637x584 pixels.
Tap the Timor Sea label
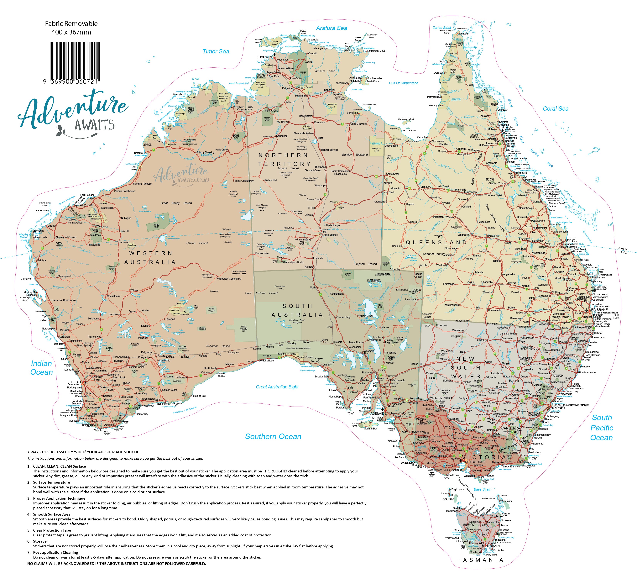tap(216, 51)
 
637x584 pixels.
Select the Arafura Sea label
tap(332, 28)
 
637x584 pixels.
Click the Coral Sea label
tap(556, 109)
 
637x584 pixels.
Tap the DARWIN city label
tap(265, 57)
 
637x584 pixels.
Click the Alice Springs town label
tap(331, 235)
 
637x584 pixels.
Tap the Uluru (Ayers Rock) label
tap(293, 262)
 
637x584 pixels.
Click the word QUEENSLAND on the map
tap(436, 242)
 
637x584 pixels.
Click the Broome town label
tap(138, 153)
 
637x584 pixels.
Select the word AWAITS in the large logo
tap(94, 125)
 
